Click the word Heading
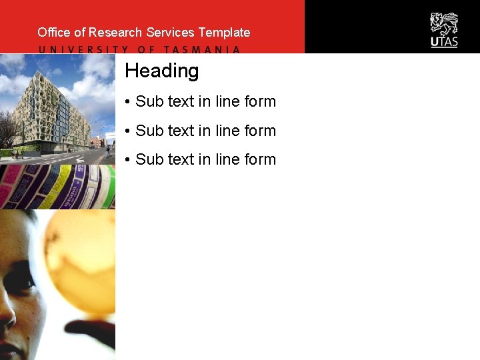(x=161, y=71)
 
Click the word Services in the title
(x=170, y=32)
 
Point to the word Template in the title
(x=224, y=32)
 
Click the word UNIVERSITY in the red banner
(x=83, y=49)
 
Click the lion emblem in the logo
(x=444, y=24)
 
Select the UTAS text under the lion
(x=444, y=42)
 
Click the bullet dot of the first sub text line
(x=127, y=102)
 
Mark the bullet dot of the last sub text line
(x=127, y=160)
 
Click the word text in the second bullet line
(x=181, y=131)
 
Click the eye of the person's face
(x=20, y=280)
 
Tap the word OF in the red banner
(x=146, y=49)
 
